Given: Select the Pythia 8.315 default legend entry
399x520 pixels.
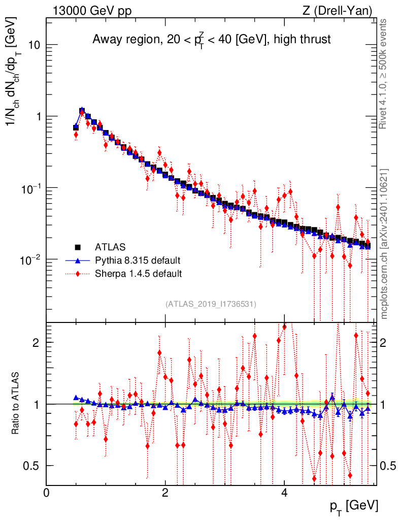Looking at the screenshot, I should pos(137,261).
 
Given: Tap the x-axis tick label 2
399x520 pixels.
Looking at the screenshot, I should pos(165,492).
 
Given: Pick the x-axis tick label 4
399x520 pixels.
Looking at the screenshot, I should pos(284,492).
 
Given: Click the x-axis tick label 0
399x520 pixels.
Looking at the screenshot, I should pos(47,492).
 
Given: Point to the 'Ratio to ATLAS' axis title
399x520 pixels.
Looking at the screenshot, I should pos(17,404).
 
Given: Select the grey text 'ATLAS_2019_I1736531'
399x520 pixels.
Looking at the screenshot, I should pos(211,304).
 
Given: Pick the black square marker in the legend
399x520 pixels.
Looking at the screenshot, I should pos(78,247).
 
